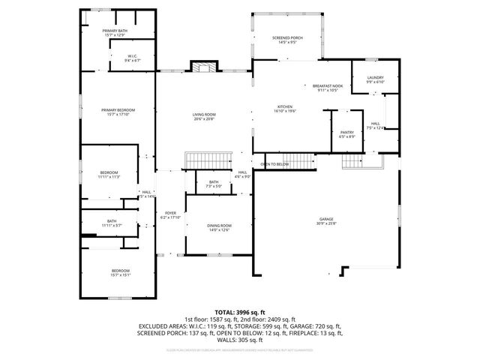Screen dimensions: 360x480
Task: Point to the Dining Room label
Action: pos(220,227)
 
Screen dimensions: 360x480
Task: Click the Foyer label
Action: pos(170,215)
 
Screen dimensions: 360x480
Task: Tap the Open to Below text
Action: pos(274,164)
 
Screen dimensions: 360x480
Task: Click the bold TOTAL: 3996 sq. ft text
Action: pos(240,311)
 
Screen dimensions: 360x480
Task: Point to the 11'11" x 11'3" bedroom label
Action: pos(109,175)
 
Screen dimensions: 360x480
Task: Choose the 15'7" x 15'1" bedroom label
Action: pos(121,272)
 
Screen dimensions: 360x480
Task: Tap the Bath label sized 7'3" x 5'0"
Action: pos(214,184)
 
